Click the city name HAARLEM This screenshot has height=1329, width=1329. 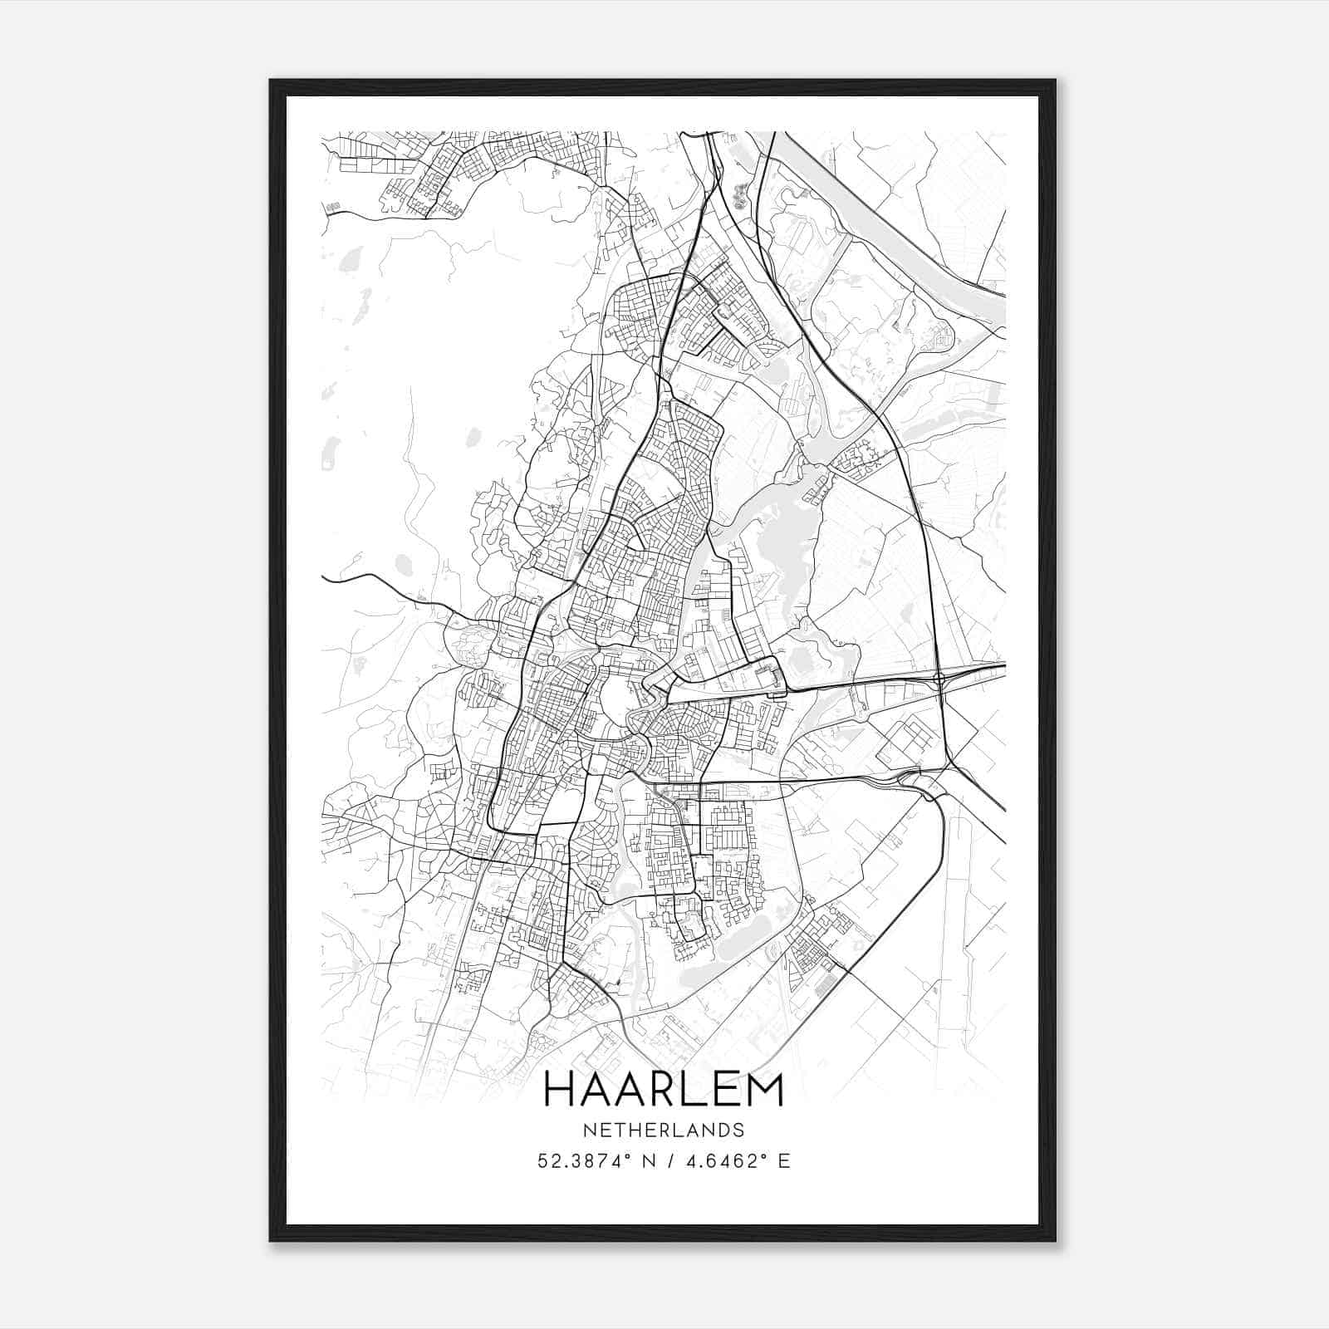(x=663, y=1090)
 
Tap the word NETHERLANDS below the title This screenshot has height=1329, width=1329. (x=663, y=1130)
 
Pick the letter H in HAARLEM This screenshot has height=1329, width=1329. (x=558, y=1090)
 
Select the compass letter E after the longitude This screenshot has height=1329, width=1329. (x=784, y=1161)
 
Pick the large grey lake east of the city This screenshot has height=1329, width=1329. (x=777, y=540)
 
